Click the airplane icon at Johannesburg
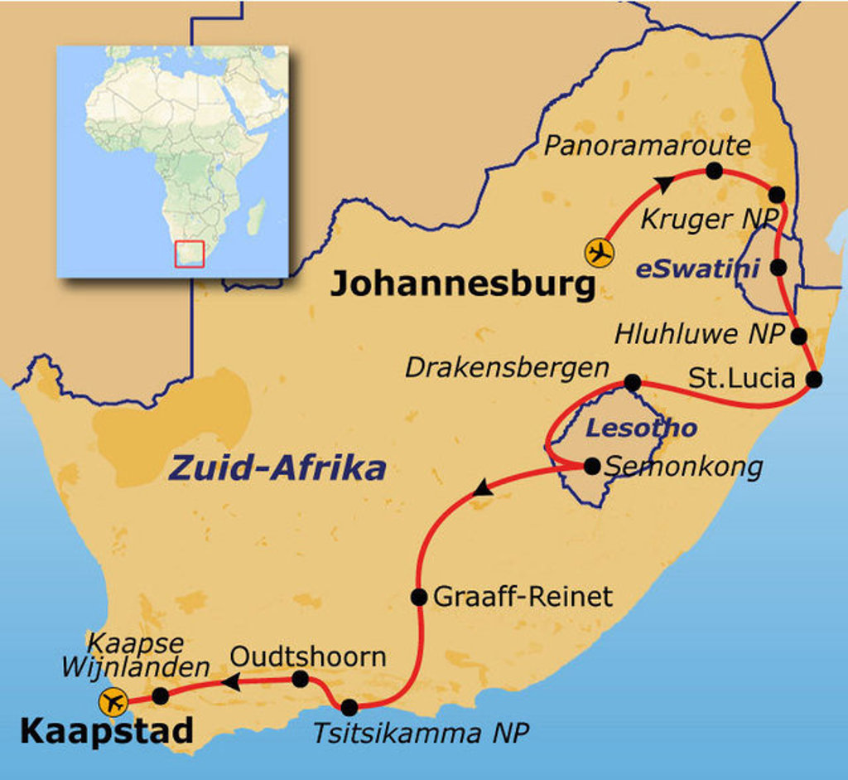(x=599, y=252)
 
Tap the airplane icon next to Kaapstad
(x=113, y=702)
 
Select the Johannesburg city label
(x=463, y=285)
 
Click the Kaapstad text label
(x=106, y=731)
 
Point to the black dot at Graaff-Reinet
(x=419, y=597)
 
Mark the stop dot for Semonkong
(x=592, y=466)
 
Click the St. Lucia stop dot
(x=814, y=380)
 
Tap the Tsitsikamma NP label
(x=420, y=734)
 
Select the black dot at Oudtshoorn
(x=301, y=680)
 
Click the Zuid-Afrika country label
(x=277, y=468)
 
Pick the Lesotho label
(x=641, y=429)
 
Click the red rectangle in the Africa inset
(x=189, y=254)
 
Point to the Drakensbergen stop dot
(x=632, y=382)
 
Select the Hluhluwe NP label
(x=699, y=335)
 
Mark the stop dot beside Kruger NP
(x=777, y=195)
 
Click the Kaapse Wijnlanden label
(x=147, y=655)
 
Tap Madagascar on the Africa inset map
(x=256, y=216)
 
